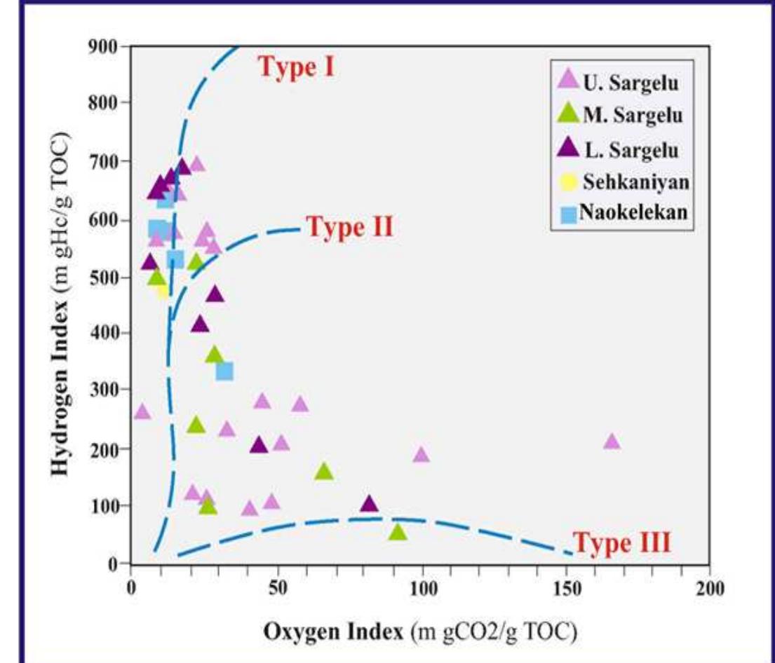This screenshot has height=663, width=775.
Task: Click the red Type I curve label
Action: pyautogui.click(x=297, y=67)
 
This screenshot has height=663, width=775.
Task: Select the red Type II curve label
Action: pyautogui.click(x=350, y=227)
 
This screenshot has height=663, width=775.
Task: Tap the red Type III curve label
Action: pyautogui.click(x=622, y=542)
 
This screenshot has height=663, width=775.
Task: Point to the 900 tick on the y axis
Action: pyautogui.click(x=104, y=46)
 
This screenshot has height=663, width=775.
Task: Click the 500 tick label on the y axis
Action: pyautogui.click(x=104, y=278)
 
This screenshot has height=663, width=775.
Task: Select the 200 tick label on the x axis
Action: pyautogui.click(x=710, y=587)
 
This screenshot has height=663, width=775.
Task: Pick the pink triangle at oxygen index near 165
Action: pyautogui.click(x=612, y=442)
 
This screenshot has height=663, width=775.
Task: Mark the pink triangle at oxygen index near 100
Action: pyautogui.click(x=421, y=454)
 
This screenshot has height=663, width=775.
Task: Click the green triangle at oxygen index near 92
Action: pyautogui.click(x=398, y=533)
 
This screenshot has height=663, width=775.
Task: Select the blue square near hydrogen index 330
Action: pyautogui.click(x=224, y=371)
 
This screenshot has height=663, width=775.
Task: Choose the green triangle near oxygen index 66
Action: pyautogui.click(x=323, y=471)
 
